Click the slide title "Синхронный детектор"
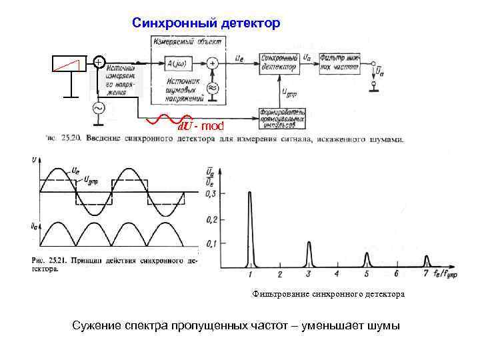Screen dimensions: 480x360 point(206,23)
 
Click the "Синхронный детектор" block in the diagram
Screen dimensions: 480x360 point(278,63)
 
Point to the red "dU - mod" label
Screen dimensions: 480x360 point(204,125)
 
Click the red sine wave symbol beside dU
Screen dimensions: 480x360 point(164,120)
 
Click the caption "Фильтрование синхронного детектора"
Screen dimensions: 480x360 point(328,294)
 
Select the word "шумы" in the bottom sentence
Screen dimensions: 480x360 point(379,326)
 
